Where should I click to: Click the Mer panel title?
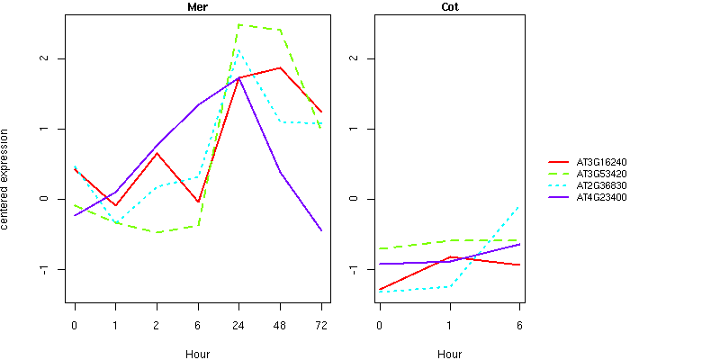(198, 7)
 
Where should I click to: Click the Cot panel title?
(450, 7)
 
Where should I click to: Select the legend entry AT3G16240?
(602, 162)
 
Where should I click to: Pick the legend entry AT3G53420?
(602, 174)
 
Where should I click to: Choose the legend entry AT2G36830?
(602, 185)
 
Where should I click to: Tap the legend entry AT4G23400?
(602, 197)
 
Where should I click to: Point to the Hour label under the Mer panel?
(198, 354)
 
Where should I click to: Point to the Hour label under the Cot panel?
(450, 354)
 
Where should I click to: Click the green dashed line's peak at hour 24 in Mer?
(238, 24)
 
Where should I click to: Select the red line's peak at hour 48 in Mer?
(280, 67)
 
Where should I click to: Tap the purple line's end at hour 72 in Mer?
(321, 231)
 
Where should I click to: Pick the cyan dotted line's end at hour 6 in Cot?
(519, 207)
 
